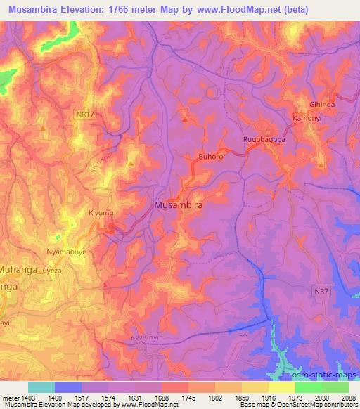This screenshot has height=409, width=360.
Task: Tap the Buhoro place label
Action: click(x=211, y=157)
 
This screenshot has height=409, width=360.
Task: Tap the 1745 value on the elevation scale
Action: click(x=188, y=397)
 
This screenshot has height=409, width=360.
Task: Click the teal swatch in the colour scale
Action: click(x=41, y=387)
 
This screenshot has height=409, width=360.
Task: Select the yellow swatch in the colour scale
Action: click(x=281, y=387)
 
